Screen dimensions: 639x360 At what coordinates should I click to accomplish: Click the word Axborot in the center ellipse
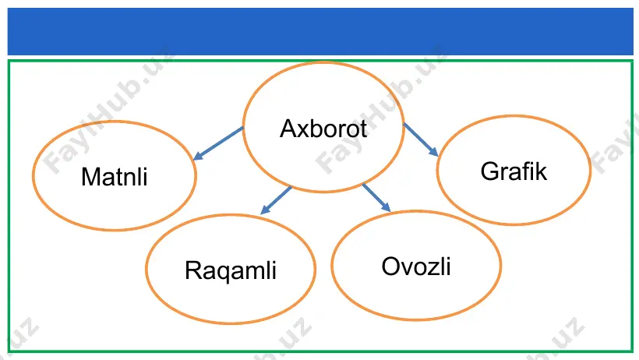pyautogui.click(x=323, y=129)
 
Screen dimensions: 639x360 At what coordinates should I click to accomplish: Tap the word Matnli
pyautogui.click(x=114, y=177)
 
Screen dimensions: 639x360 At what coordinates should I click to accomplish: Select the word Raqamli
pyautogui.click(x=231, y=270)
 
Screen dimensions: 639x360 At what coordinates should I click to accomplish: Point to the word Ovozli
pyautogui.click(x=416, y=266)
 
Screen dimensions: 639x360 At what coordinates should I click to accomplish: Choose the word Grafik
pyautogui.click(x=514, y=171)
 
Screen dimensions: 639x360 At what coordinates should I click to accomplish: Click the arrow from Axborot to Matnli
pyautogui.click(x=218, y=143)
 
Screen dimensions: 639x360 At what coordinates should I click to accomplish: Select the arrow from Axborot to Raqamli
pyautogui.click(x=276, y=200)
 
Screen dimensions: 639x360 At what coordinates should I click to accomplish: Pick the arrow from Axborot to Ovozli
pyautogui.click(x=376, y=198)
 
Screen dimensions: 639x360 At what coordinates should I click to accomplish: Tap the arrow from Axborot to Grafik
pyautogui.click(x=421, y=139)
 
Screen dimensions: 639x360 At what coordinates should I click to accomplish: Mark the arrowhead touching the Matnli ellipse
pyautogui.click(x=198, y=155)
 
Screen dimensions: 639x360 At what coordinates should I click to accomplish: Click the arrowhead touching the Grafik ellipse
pyautogui.click(x=433, y=152)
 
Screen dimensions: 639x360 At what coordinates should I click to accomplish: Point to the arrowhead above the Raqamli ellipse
pyautogui.click(x=265, y=210)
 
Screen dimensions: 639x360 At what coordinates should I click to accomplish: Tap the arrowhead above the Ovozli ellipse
pyautogui.click(x=387, y=207)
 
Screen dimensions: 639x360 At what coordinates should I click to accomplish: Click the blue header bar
pyautogui.click(x=320, y=31)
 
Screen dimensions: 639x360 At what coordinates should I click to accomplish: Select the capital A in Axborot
pyautogui.click(x=288, y=129)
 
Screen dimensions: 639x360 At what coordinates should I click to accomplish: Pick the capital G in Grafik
pyautogui.click(x=490, y=171)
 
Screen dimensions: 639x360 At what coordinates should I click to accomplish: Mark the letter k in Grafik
pyautogui.click(x=541, y=171)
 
